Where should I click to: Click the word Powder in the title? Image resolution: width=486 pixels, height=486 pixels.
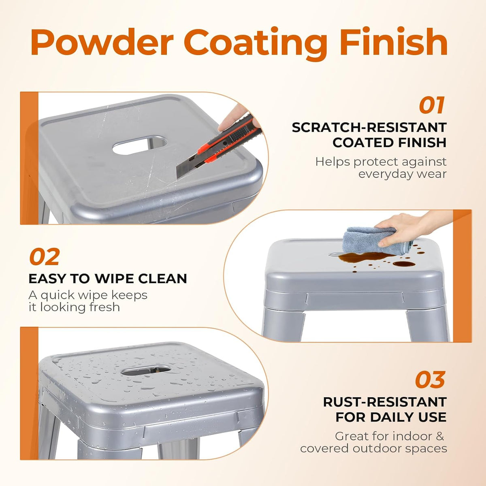[102, 43]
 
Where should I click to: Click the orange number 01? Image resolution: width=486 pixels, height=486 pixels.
[431, 105]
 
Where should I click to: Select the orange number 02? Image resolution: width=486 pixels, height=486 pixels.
[45, 256]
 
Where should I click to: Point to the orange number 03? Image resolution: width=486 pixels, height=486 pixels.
[430, 379]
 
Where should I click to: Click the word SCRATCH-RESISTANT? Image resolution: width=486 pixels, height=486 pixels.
[369, 127]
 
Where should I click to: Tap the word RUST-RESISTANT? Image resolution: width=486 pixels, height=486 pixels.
[385, 402]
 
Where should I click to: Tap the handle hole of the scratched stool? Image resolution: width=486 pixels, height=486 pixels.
[139, 145]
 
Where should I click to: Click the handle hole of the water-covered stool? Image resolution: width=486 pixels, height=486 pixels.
[146, 370]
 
